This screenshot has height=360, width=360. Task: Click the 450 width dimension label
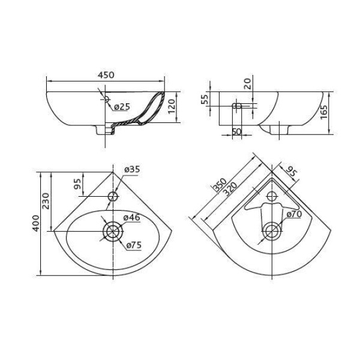[x=106, y=75]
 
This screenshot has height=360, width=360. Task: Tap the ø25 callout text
[x=122, y=107]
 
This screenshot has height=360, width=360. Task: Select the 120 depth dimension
[x=172, y=106]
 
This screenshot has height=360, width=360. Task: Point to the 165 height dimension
[x=324, y=112]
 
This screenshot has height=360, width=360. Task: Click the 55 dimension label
[x=205, y=99]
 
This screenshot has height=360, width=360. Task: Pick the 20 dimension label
[x=247, y=84]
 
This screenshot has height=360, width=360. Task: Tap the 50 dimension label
[x=237, y=132]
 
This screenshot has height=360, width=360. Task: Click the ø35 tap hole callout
[x=132, y=169]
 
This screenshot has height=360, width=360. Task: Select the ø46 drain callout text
[x=131, y=217]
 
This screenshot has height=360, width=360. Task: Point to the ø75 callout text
[x=134, y=245]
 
